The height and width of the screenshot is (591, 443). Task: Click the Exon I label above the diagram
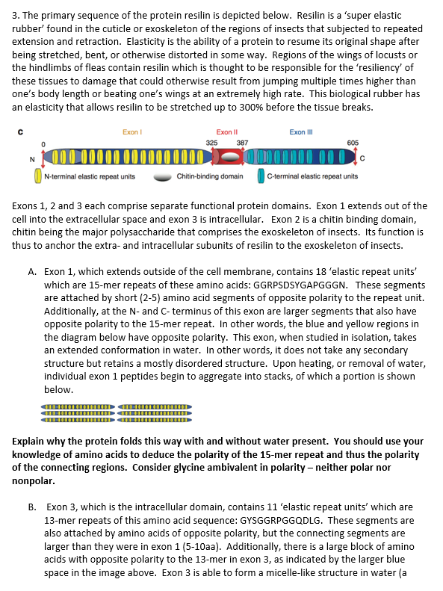tap(131, 131)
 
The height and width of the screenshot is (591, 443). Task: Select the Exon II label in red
tap(226, 131)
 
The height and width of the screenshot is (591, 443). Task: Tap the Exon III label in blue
tap(300, 131)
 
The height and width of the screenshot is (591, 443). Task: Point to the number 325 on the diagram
tap(211, 143)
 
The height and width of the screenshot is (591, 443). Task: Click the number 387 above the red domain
tap(242, 143)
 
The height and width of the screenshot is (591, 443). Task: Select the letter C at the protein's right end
tap(362, 158)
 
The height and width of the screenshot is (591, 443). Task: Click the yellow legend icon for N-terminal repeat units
tap(38, 177)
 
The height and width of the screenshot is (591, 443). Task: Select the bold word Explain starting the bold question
tap(31, 442)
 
